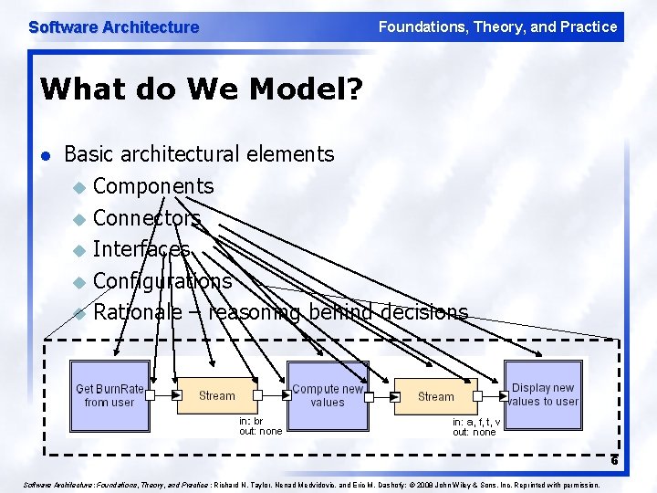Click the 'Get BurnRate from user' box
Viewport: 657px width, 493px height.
(x=109, y=395)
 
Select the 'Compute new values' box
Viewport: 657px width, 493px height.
(x=328, y=395)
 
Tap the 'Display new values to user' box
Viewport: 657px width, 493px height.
(x=543, y=395)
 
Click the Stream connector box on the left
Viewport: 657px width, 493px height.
(x=217, y=395)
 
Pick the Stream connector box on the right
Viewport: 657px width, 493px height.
(x=435, y=396)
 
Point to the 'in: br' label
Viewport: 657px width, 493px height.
(x=251, y=422)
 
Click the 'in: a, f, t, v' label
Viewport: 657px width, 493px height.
(x=475, y=422)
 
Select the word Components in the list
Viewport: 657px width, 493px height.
(x=153, y=186)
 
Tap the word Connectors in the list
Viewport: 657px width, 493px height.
(x=146, y=218)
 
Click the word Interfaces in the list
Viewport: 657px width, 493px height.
(x=141, y=249)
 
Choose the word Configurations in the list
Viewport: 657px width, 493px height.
(x=162, y=280)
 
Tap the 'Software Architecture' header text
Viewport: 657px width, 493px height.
(x=114, y=27)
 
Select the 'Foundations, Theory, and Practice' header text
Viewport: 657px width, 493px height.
(x=497, y=27)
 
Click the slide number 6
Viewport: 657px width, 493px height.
(x=614, y=460)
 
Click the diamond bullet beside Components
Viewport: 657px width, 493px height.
(x=78, y=188)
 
